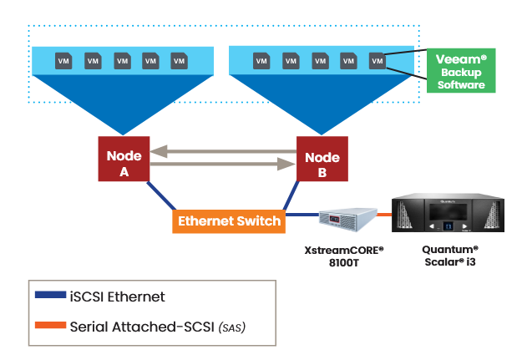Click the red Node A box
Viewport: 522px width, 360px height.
coord(124,158)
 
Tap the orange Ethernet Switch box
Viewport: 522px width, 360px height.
coord(230,221)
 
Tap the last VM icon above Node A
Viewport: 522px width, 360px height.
coord(179,60)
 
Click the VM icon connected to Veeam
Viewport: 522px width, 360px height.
coord(377,60)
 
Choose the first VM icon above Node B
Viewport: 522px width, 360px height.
coord(261,60)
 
